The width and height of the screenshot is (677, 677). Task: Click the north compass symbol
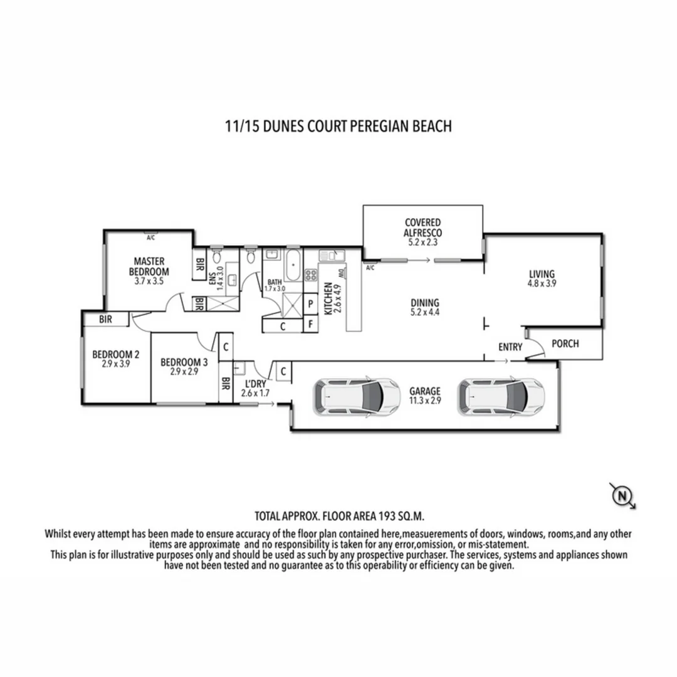(622, 496)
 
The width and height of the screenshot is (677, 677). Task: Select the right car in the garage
(501, 397)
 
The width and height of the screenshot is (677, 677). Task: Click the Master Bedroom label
(149, 266)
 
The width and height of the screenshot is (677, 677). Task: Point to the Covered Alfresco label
(422, 228)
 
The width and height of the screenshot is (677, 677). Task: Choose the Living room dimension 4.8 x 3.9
(542, 284)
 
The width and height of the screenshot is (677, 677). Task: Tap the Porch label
(565, 344)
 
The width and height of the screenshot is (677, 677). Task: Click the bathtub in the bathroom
(293, 265)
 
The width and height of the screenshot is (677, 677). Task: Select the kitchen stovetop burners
(311, 275)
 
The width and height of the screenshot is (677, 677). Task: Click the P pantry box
(310, 304)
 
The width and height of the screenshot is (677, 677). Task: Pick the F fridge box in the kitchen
(310, 324)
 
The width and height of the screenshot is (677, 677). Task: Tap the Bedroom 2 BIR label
(105, 319)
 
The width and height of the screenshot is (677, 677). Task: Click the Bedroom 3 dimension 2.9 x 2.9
(184, 371)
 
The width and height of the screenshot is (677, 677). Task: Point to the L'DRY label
(256, 384)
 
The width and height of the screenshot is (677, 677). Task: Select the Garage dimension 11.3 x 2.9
(425, 401)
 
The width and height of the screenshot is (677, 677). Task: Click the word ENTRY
(510, 347)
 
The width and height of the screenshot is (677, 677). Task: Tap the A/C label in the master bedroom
(150, 238)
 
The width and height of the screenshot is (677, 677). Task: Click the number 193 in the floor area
(387, 517)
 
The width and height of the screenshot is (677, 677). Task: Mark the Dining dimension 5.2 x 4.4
(425, 312)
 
